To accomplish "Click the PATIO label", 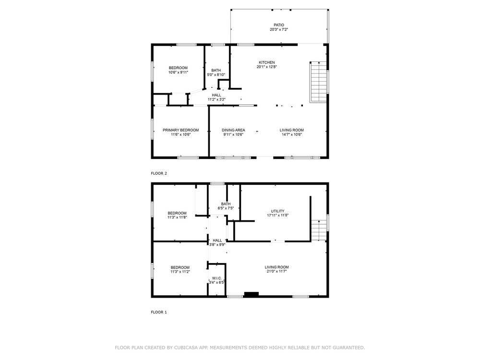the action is (x=279, y=25).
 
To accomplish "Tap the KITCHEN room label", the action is (x=266, y=62).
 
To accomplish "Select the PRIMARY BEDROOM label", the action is (x=180, y=130).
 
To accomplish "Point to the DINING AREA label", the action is (x=233, y=130).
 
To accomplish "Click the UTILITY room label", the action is (x=277, y=211).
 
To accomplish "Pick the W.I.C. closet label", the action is (x=217, y=278).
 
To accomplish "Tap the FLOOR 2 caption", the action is (x=159, y=173).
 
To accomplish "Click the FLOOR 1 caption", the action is (x=159, y=312).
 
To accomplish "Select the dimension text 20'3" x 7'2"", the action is (x=279, y=30).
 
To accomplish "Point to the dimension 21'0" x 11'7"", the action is (x=277, y=271).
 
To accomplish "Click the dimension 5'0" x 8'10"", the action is (x=216, y=74).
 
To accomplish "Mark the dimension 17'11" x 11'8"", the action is (x=277, y=215).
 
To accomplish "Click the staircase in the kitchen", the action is (x=319, y=82).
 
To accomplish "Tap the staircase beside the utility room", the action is (x=319, y=230).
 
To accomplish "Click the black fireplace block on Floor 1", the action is (x=252, y=294).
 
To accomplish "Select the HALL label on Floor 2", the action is (x=216, y=95).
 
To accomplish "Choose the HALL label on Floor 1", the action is (x=217, y=240).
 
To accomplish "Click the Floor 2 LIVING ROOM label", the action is (x=292, y=130).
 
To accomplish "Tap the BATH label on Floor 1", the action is (x=226, y=204).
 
